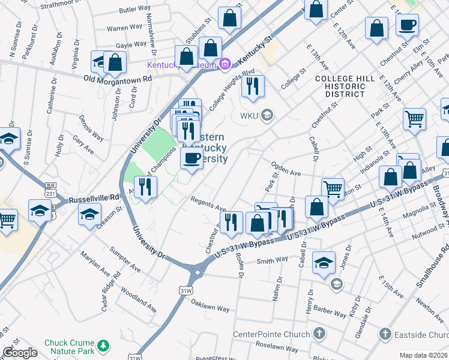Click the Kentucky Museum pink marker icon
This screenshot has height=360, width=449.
point(226,63)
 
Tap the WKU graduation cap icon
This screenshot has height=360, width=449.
point(268,115)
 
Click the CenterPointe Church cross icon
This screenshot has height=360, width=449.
point(319,333)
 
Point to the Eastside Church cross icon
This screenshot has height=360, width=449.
point(386,333)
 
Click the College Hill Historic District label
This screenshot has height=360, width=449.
point(345,86)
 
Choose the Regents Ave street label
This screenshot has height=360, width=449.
point(208,204)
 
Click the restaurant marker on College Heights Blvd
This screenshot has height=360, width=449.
point(253,85)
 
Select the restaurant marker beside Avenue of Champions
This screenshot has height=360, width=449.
point(145,187)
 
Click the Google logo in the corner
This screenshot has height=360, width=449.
point(20,353)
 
